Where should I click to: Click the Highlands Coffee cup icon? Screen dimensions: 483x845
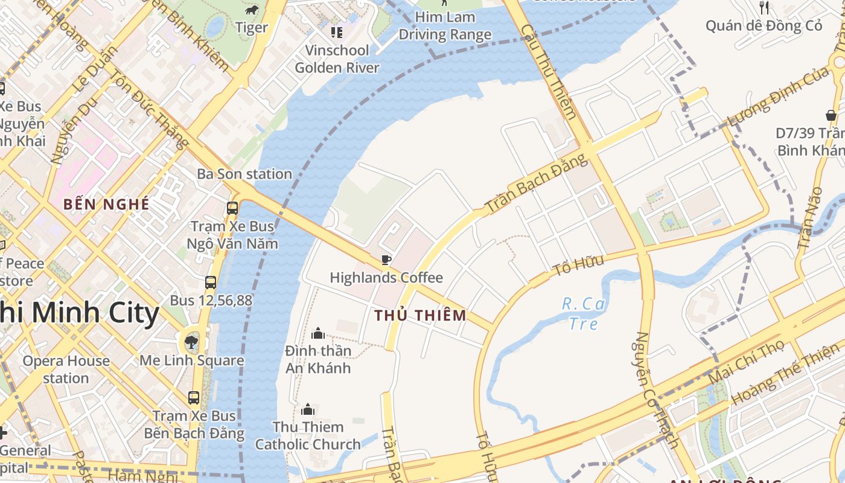click(x=386, y=260)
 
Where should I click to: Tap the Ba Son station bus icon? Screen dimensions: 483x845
click(x=232, y=208)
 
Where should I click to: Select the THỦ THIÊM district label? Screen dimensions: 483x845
click(x=420, y=315)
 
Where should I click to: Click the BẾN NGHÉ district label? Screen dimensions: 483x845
click(x=106, y=204)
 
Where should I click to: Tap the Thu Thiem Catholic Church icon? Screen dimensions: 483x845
click(x=308, y=410)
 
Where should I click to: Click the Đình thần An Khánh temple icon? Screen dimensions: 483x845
click(x=317, y=333)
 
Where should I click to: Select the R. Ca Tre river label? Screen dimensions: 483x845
click(x=584, y=313)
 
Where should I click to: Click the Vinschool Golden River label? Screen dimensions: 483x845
click(x=337, y=59)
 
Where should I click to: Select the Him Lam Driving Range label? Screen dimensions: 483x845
click(x=445, y=26)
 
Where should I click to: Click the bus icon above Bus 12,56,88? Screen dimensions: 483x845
click(x=210, y=282)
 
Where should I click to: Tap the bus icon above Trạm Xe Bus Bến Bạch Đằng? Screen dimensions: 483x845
click(x=194, y=398)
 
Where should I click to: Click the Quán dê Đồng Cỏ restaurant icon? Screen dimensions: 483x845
click(x=764, y=7)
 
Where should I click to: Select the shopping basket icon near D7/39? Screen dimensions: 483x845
click(x=831, y=115)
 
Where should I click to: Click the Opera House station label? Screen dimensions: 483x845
click(x=66, y=369)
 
